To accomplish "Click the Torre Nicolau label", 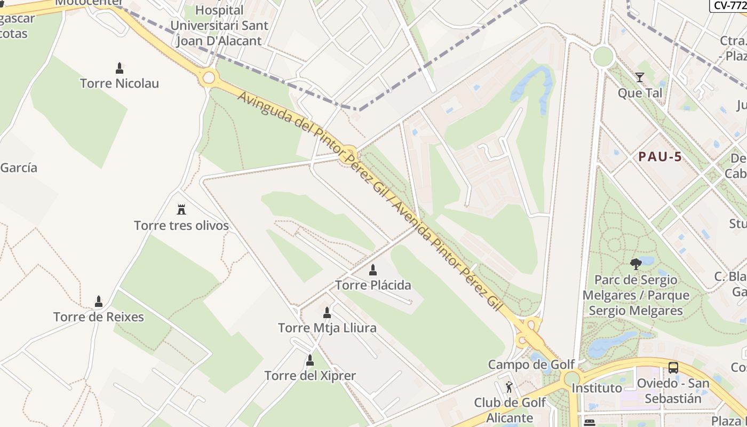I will [x=119, y=83].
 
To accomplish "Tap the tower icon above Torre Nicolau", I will [x=120, y=68].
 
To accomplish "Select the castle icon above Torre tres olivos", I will [x=181, y=209].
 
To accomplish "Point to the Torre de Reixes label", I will [x=99, y=317].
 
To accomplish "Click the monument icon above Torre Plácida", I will [x=373, y=270].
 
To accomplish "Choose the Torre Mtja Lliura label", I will [x=327, y=328].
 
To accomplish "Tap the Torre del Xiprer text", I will [x=310, y=376].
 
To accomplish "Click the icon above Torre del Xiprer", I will [x=310, y=361].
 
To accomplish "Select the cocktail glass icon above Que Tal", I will [x=640, y=78].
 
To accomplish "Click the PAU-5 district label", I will [x=661, y=157].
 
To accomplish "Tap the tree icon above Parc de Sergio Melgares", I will [x=635, y=264].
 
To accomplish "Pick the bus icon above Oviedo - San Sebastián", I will [x=673, y=368].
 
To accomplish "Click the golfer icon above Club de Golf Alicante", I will [x=509, y=387].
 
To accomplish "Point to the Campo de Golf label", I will [x=531, y=365].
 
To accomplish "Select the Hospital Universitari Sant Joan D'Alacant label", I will [x=219, y=25].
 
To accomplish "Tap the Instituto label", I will [x=597, y=388].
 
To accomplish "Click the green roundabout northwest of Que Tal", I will [x=603, y=57].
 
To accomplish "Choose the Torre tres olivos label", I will [x=181, y=226].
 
